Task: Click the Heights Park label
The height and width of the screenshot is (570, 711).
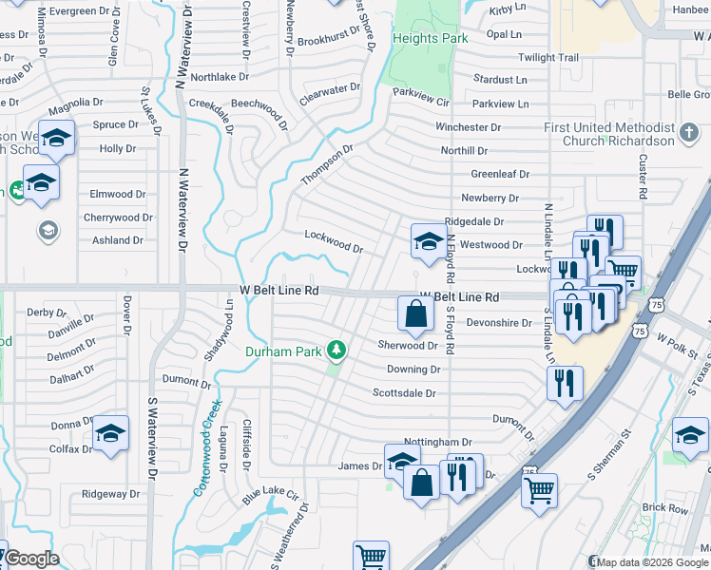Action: click(429, 38)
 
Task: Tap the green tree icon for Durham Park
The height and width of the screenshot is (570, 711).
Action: click(336, 351)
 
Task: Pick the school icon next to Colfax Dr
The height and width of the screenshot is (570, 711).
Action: click(111, 434)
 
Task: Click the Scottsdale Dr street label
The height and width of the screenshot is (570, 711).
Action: click(404, 392)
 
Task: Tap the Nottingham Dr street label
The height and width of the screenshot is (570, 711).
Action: click(437, 443)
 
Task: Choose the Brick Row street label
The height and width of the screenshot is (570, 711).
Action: click(664, 508)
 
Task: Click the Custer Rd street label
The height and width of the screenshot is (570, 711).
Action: click(644, 177)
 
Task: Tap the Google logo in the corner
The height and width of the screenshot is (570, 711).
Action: click(32, 559)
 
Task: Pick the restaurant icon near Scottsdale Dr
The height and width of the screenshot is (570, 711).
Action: click(565, 382)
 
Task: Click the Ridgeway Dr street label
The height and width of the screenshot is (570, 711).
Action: click(110, 494)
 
